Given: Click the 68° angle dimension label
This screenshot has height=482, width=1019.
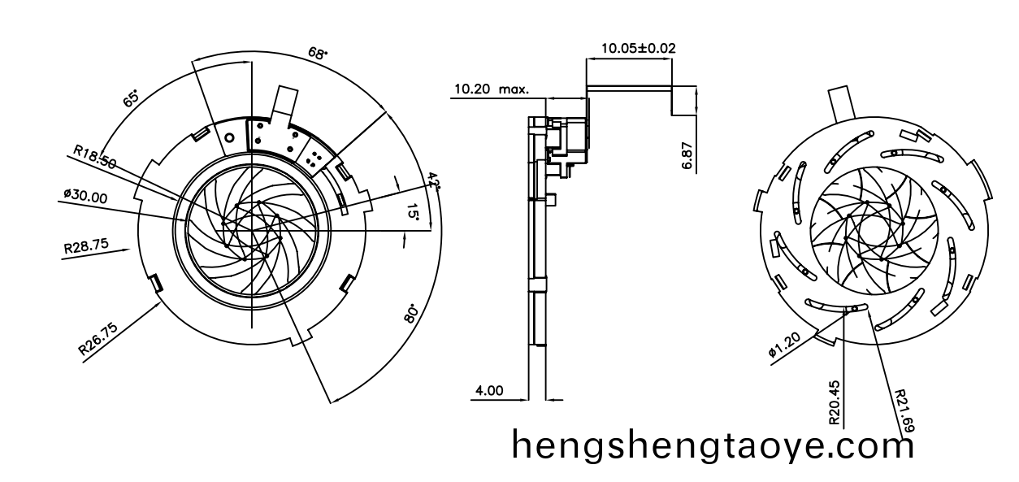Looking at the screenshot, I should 318,53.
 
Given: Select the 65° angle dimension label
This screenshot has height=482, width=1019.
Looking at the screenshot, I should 131,98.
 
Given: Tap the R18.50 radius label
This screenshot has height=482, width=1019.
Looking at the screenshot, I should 94,156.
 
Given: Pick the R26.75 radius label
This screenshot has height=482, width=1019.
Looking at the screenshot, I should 98,338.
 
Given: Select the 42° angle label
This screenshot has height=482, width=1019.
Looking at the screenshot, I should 434,180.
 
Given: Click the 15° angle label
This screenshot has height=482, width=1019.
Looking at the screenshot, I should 414,214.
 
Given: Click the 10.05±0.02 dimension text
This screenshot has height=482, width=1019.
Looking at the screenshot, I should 638,48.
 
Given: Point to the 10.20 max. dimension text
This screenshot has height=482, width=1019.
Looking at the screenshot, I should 491,89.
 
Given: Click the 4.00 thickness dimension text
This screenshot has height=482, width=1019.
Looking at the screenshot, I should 488,390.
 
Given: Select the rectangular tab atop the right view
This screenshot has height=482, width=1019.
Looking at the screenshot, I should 843,104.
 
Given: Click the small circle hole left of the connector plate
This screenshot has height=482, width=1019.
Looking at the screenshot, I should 229,138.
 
